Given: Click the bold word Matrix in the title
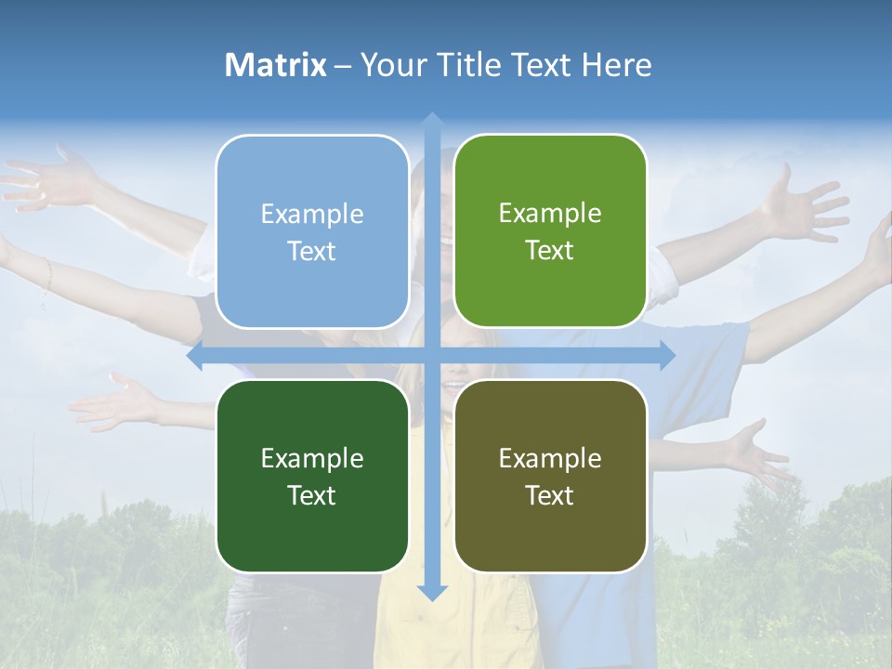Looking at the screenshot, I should pyautogui.click(x=275, y=65).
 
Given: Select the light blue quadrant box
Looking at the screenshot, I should pyautogui.click(x=312, y=231).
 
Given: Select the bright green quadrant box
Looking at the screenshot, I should pyautogui.click(x=550, y=231).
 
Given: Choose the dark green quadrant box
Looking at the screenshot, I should pyautogui.click(x=312, y=476).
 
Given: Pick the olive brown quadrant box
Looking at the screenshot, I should pyautogui.click(x=550, y=476).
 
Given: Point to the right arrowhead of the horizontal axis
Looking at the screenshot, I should pyautogui.click(x=666, y=356).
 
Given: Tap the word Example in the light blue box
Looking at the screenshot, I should pyautogui.click(x=312, y=214).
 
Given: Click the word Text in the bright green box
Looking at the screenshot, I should pyautogui.click(x=550, y=251).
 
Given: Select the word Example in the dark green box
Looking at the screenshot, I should pyautogui.click(x=312, y=458).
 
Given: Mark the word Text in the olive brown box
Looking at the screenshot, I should pyautogui.click(x=550, y=495).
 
